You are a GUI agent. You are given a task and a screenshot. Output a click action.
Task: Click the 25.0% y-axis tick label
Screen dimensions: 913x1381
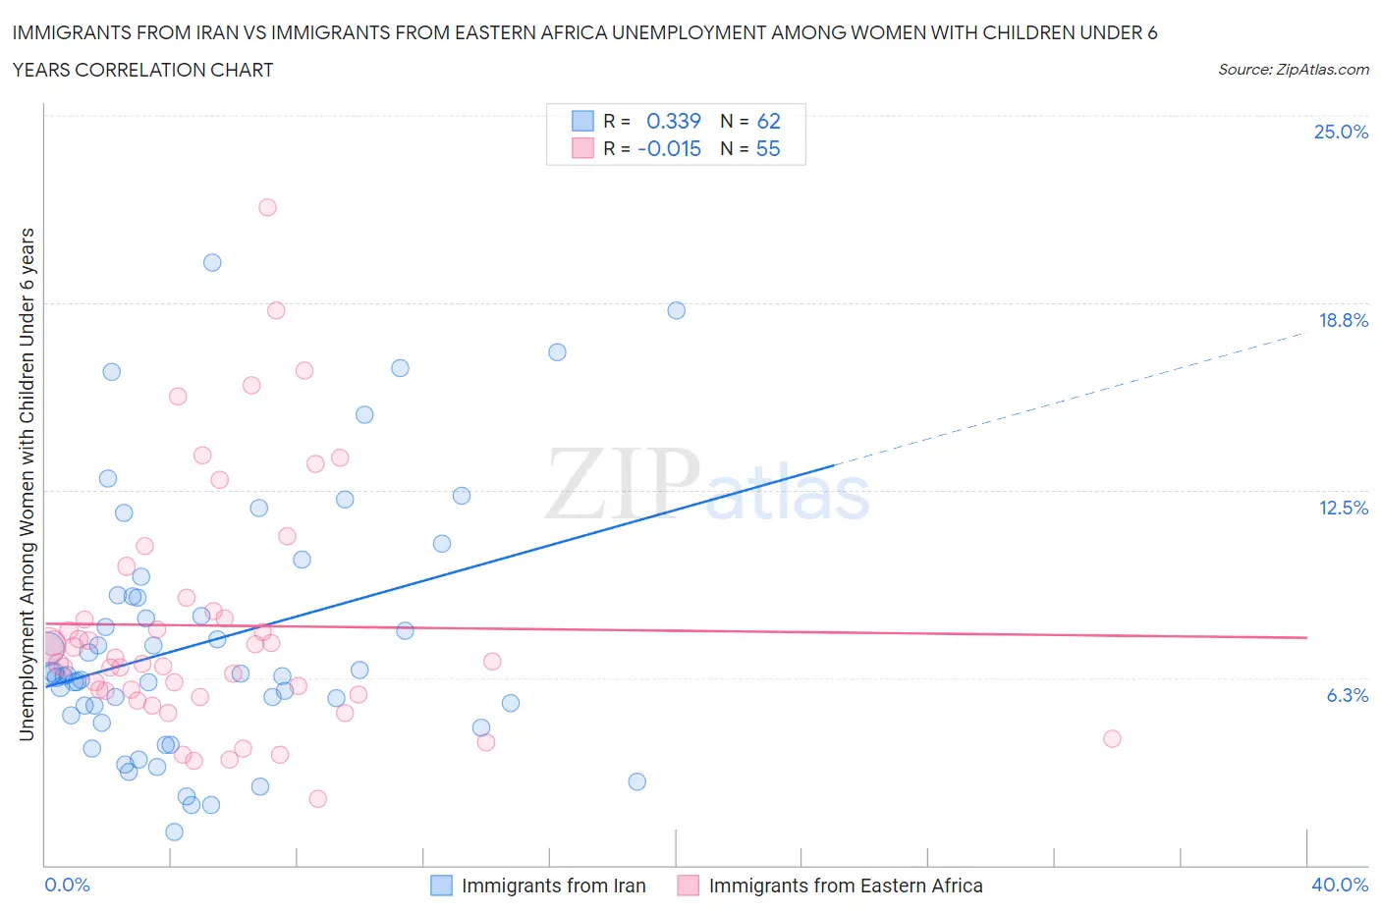click(x=1341, y=132)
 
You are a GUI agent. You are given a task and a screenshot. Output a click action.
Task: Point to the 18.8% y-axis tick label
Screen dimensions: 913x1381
click(x=1343, y=320)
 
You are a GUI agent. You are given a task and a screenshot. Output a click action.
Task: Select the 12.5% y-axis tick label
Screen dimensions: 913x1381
click(x=1343, y=508)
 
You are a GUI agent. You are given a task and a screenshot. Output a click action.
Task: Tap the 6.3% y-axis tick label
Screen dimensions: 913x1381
click(x=1348, y=695)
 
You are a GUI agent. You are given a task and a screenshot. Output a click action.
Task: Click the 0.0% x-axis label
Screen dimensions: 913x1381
click(x=67, y=885)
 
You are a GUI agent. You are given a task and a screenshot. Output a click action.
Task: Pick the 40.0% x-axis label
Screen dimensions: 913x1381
click(x=1340, y=885)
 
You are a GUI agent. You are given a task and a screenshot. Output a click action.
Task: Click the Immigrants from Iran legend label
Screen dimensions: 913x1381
click(x=553, y=886)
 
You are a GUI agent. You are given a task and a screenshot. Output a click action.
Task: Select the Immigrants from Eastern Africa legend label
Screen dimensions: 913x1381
click(x=845, y=886)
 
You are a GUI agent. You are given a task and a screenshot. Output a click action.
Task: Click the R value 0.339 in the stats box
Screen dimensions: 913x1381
click(x=673, y=121)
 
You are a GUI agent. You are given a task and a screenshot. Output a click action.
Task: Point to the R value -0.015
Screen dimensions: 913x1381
click(x=669, y=148)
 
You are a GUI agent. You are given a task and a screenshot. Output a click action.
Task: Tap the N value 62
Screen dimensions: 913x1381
click(x=768, y=121)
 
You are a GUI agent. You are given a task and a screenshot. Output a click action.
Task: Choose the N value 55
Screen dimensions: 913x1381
click(x=768, y=148)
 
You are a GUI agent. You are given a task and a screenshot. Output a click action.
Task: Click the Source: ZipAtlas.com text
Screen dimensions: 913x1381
click(x=1293, y=69)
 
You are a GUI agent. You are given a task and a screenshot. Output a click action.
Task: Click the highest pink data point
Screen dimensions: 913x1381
click(x=267, y=207)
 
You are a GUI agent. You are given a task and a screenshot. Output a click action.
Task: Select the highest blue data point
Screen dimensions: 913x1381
click(x=212, y=262)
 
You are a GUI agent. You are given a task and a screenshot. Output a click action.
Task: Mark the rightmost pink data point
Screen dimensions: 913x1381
click(x=1112, y=738)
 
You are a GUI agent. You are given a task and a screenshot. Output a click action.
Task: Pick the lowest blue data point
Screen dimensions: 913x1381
click(x=174, y=832)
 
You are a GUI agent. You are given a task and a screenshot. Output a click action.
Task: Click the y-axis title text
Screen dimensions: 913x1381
click(x=28, y=484)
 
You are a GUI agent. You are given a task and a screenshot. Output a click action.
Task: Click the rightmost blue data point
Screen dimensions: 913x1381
click(x=676, y=310)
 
